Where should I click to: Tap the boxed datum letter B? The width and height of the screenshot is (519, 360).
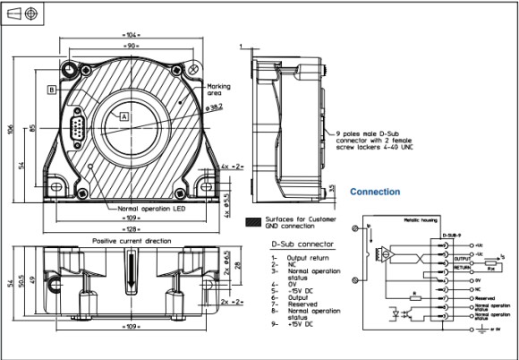(x=52, y=90)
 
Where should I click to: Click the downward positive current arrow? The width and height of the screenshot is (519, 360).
(x=130, y=270)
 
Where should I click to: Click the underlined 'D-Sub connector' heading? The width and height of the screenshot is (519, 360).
(x=302, y=244)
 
